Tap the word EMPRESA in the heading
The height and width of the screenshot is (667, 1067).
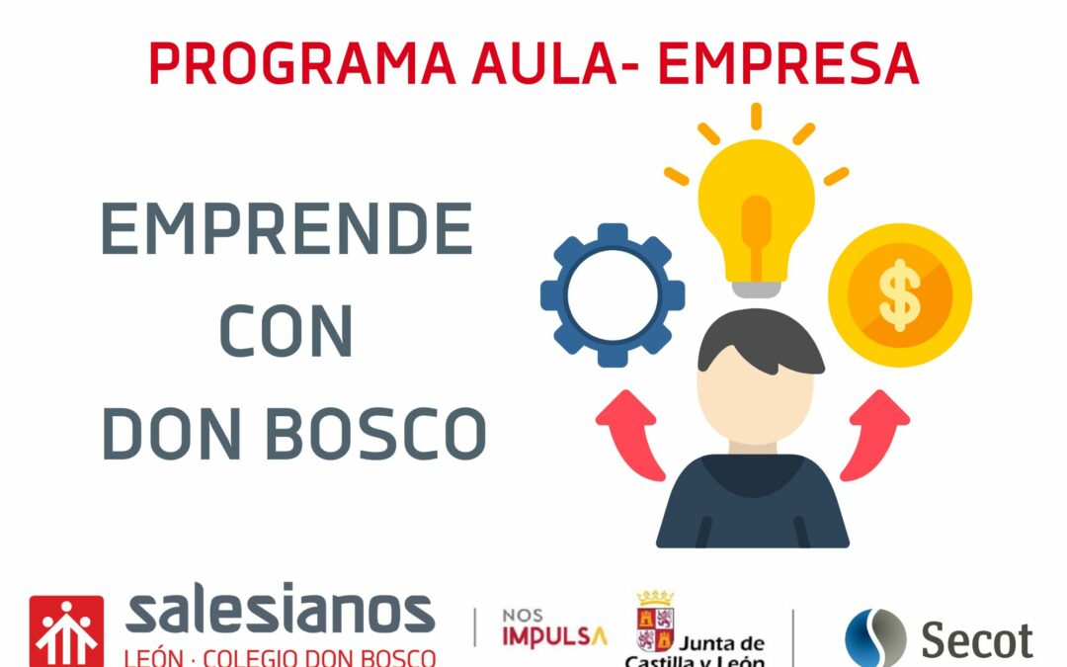click(788, 63)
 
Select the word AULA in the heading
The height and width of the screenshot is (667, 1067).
click(544, 63)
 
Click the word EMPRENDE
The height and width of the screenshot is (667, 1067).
click(287, 228)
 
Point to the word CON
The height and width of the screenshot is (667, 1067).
click(287, 331)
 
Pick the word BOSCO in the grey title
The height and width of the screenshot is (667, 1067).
click(375, 434)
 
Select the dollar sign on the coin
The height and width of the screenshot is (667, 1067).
click(900, 295)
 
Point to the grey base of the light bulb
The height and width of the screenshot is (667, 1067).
click(756, 290)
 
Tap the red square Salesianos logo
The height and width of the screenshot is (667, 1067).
click(67, 631)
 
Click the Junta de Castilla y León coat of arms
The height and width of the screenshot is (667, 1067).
click(655, 621)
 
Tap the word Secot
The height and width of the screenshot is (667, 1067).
click(977, 640)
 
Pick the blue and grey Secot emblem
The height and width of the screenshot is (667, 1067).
click(875, 638)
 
